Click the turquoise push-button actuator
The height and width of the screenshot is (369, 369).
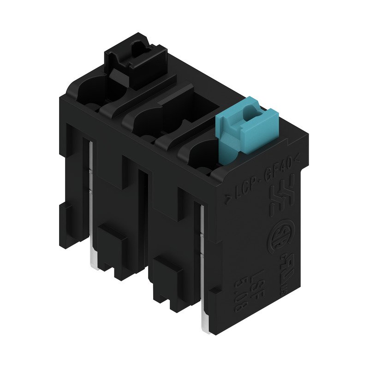247,129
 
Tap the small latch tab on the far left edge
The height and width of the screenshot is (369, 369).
65,217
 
